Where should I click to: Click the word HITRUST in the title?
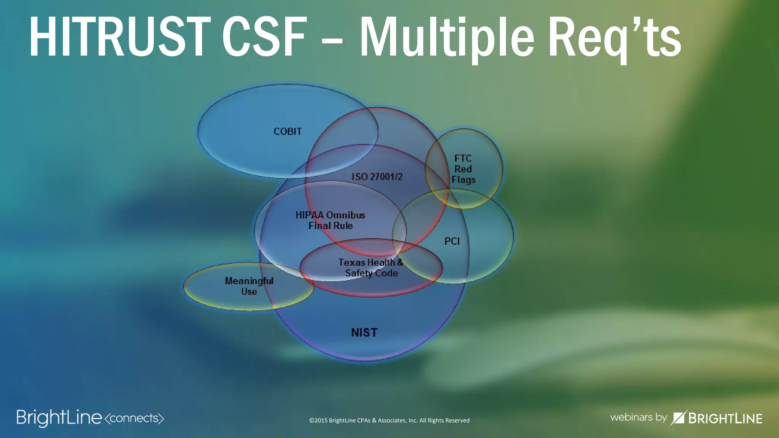pyautogui.click(x=119, y=37)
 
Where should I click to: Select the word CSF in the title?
pyautogui.click(x=264, y=37)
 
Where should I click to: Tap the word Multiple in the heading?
pyautogui.click(x=447, y=38)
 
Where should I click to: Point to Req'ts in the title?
pyautogui.click(x=614, y=38)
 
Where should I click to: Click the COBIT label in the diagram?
pyautogui.click(x=288, y=132)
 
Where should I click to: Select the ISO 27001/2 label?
pyautogui.click(x=377, y=177)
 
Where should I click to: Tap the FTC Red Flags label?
pyautogui.click(x=463, y=169)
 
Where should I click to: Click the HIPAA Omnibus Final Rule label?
pyautogui.click(x=330, y=221)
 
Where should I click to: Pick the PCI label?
pyautogui.click(x=452, y=241)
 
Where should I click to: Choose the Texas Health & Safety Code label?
pyautogui.click(x=371, y=268)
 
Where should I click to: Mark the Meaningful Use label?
pyautogui.click(x=249, y=286)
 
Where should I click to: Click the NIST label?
pyautogui.click(x=364, y=333)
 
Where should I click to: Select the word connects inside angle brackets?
pyautogui.click(x=134, y=418)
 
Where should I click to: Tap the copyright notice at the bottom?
pyautogui.click(x=389, y=421)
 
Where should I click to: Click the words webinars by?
pyautogui.click(x=638, y=417)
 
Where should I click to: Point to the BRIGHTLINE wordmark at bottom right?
pyautogui.click(x=725, y=419)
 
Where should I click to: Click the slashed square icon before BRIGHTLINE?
pyautogui.click(x=678, y=418)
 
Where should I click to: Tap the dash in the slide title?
pyautogui.click(x=332, y=40)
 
